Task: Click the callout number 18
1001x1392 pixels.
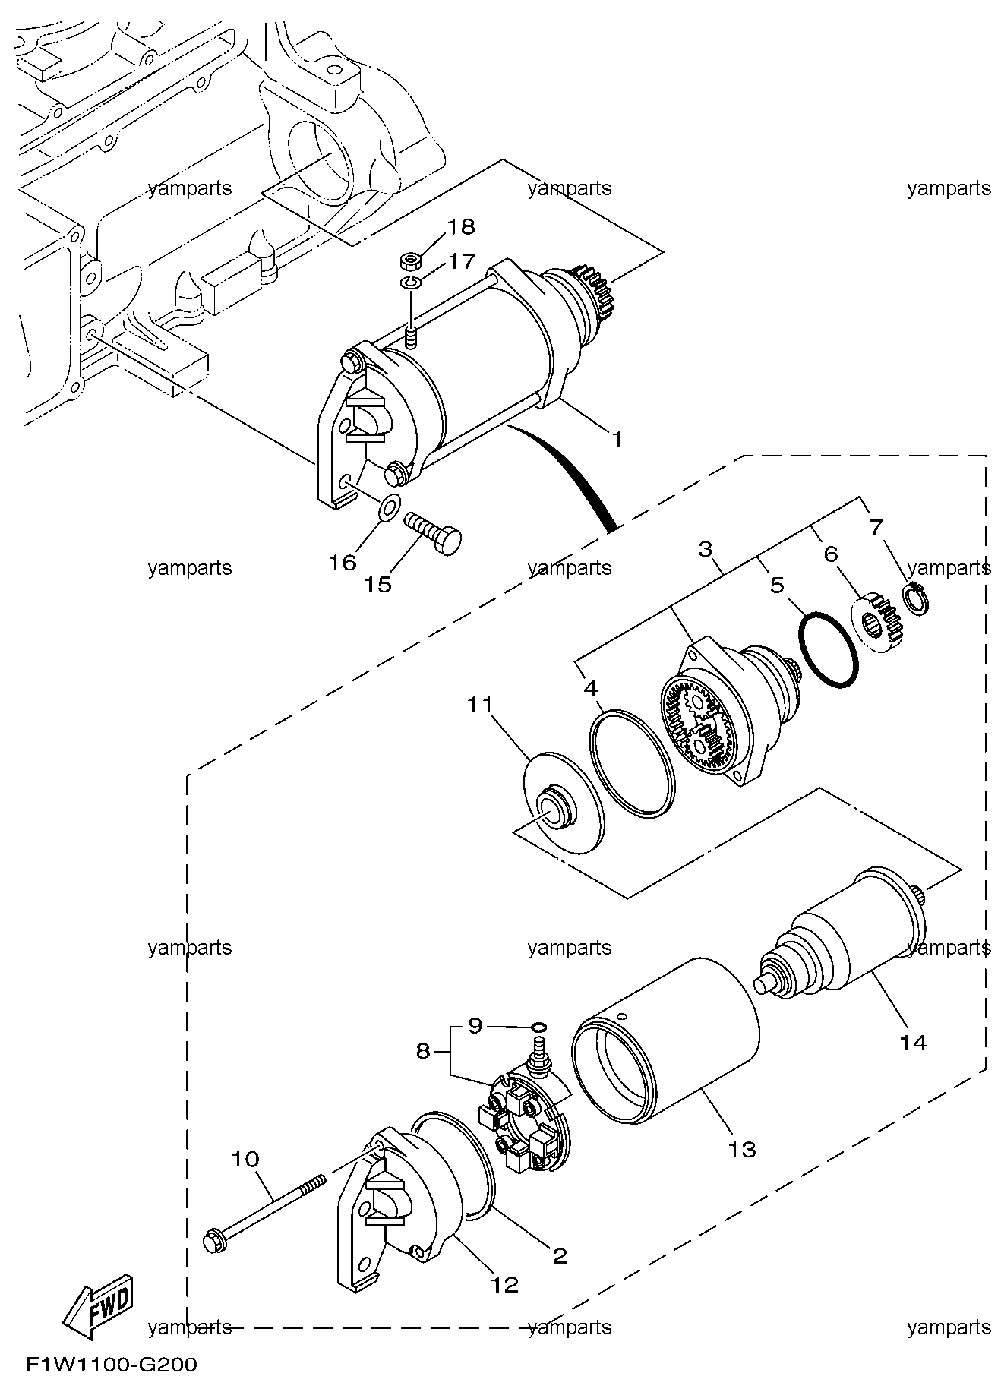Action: [x=460, y=226]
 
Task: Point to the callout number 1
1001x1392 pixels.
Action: [x=617, y=438]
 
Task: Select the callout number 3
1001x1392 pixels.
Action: [x=706, y=548]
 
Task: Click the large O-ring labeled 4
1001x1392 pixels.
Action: [x=632, y=762]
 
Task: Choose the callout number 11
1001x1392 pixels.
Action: [x=480, y=705]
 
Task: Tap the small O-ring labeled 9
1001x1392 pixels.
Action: [x=538, y=1027]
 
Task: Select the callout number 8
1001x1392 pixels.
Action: [x=423, y=1052]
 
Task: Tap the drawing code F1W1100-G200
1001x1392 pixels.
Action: [x=111, y=1365]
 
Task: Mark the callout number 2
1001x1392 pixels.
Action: [x=560, y=1255]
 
